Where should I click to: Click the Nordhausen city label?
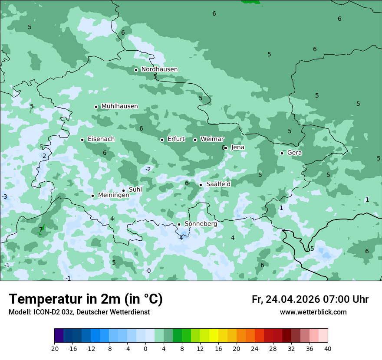[159, 69]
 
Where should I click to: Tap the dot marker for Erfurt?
[162, 140]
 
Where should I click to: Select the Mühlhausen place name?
[119, 106]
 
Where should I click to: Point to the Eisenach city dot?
[82, 140]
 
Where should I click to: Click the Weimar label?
[212, 139]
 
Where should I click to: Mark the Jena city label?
[237, 147]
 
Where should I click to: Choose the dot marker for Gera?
[282, 153]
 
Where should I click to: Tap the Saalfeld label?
[218, 184]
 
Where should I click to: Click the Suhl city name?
[135, 190]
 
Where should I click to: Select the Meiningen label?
[113, 195]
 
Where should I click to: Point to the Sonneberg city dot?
[179, 224]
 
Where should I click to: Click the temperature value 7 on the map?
[41, 229]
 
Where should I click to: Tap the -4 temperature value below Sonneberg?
[180, 237]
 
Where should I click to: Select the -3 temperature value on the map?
[4, 197]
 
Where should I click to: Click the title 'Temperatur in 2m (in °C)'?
[86, 299]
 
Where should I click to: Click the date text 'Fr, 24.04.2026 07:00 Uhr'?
[310, 299]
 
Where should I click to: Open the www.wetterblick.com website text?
[313, 312]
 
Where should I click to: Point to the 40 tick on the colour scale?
[327, 348]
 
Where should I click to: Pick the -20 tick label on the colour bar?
[54, 348]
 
